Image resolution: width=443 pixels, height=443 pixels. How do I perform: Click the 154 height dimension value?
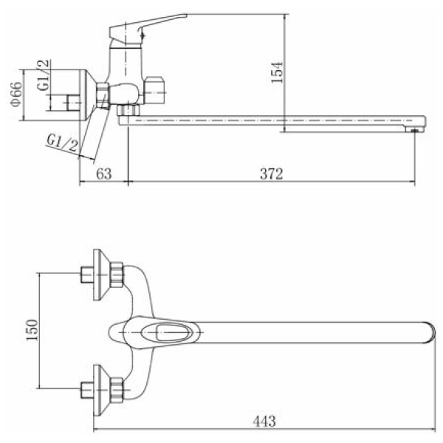click(x=277, y=72)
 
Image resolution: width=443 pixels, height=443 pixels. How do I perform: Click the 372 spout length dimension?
click(x=271, y=174)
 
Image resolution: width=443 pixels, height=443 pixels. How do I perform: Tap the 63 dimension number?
click(x=104, y=174)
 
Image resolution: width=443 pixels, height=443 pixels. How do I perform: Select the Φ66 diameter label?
click(x=16, y=94)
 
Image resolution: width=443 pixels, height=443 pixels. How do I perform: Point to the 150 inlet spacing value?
click(x=32, y=330)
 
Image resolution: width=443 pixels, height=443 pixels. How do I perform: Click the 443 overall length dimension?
click(x=264, y=422)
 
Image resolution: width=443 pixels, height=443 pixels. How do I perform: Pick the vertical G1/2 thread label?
click(x=44, y=75)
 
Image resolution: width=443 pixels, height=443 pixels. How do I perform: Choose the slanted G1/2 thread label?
click(x=62, y=143)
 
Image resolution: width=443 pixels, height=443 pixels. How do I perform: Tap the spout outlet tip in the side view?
click(x=415, y=129)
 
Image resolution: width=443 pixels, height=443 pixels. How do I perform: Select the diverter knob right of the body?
click(x=154, y=90)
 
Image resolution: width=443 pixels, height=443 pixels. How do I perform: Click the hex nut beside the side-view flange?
click(x=103, y=95)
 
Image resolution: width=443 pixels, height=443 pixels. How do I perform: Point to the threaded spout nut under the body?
click(x=128, y=110)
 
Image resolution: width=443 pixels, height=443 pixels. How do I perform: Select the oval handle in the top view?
click(x=155, y=332)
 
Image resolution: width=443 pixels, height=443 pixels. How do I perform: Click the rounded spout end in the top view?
click(x=429, y=332)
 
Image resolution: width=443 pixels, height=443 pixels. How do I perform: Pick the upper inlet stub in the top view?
click(x=87, y=275)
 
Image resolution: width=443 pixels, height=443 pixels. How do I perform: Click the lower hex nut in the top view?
click(x=117, y=390)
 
